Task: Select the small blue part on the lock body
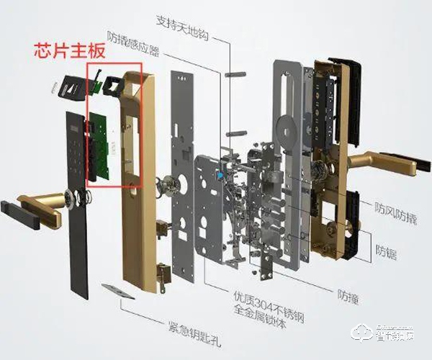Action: pos(220,175)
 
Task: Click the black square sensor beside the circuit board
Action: pos(112,86)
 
